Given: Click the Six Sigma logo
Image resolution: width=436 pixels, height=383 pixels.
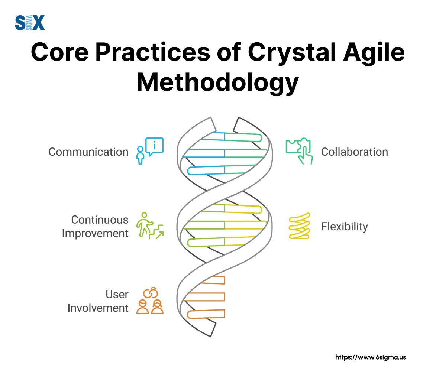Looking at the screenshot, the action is [30, 23].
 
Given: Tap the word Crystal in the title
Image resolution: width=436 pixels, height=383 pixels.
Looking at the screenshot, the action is [292, 53].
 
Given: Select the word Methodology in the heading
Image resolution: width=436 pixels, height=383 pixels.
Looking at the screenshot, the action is [218, 82].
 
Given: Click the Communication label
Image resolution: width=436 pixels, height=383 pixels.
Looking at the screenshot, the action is [88, 152].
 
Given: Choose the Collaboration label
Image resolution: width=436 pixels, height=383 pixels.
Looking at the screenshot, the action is [355, 152].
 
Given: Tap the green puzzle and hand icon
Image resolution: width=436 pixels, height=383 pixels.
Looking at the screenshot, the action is [299, 151].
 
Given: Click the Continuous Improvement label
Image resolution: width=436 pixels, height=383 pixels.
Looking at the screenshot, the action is [95, 227].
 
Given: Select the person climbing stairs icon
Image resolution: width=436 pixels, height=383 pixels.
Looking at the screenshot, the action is [150, 226].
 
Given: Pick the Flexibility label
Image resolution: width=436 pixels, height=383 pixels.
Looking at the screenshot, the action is [345, 227].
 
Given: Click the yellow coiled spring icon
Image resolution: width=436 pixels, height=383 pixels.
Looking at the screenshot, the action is [300, 226].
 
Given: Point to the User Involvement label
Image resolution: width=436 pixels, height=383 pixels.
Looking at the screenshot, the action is [98, 301].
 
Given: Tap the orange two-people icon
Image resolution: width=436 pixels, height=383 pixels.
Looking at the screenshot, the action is [150, 301].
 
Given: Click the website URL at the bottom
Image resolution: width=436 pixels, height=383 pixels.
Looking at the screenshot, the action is [370, 357].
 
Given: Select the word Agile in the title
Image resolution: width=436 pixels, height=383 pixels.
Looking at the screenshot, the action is [374, 53].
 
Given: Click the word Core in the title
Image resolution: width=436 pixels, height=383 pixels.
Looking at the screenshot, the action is [60, 52].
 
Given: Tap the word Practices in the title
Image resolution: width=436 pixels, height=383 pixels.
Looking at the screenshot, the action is [153, 52].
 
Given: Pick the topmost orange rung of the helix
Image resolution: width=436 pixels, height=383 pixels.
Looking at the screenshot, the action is [213, 280].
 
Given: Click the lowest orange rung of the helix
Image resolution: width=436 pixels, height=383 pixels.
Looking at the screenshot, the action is [206, 314].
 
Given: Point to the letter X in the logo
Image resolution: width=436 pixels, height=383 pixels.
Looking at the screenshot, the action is [39, 23].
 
